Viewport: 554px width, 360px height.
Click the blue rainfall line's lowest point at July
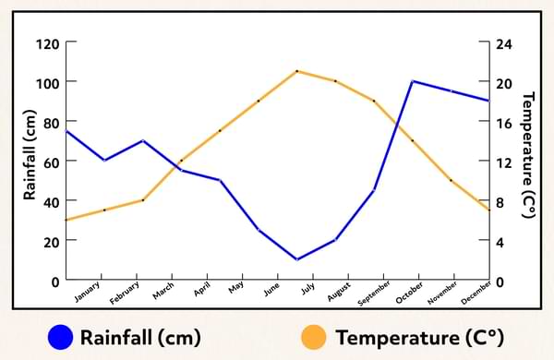[x=296, y=259]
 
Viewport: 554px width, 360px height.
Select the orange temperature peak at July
[x=296, y=71]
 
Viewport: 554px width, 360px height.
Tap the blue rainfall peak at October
[x=413, y=81]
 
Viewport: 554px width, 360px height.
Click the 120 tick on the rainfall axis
[x=48, y=43]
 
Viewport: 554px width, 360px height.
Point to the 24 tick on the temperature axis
[x=504, y=43]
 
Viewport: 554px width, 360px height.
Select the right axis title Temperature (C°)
[x=529, y=155]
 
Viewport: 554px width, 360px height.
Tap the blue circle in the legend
[x=62, y=336]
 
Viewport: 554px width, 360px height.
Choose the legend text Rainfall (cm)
[x=140, y=336]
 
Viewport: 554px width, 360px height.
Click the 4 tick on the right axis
[x=500, y=241]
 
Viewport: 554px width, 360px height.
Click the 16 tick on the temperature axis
[x=504, y=123]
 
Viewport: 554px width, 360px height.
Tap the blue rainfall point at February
[x=142, y=141]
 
